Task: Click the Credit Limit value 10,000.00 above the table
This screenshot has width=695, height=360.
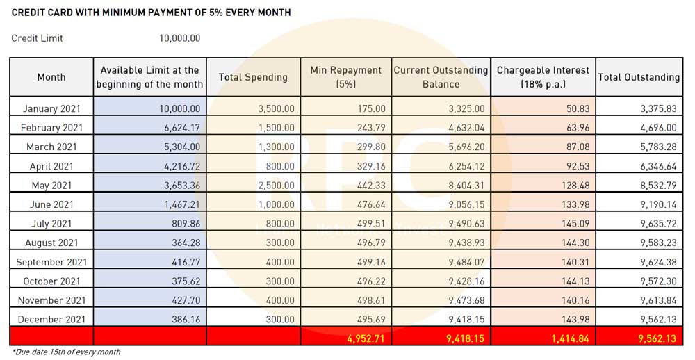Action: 180,38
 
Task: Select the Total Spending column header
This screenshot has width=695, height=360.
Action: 253,77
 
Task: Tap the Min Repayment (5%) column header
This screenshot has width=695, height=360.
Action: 346,77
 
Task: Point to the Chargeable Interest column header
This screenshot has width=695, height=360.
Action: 543,77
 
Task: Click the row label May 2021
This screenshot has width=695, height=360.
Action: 51,186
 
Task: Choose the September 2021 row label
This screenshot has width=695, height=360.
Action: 51,262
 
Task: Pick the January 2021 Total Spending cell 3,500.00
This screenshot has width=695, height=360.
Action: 275,109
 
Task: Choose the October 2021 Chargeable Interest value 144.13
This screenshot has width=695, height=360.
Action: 573,281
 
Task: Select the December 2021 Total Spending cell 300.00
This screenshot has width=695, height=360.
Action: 278,319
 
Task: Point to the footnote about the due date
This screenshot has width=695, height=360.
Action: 66,352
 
